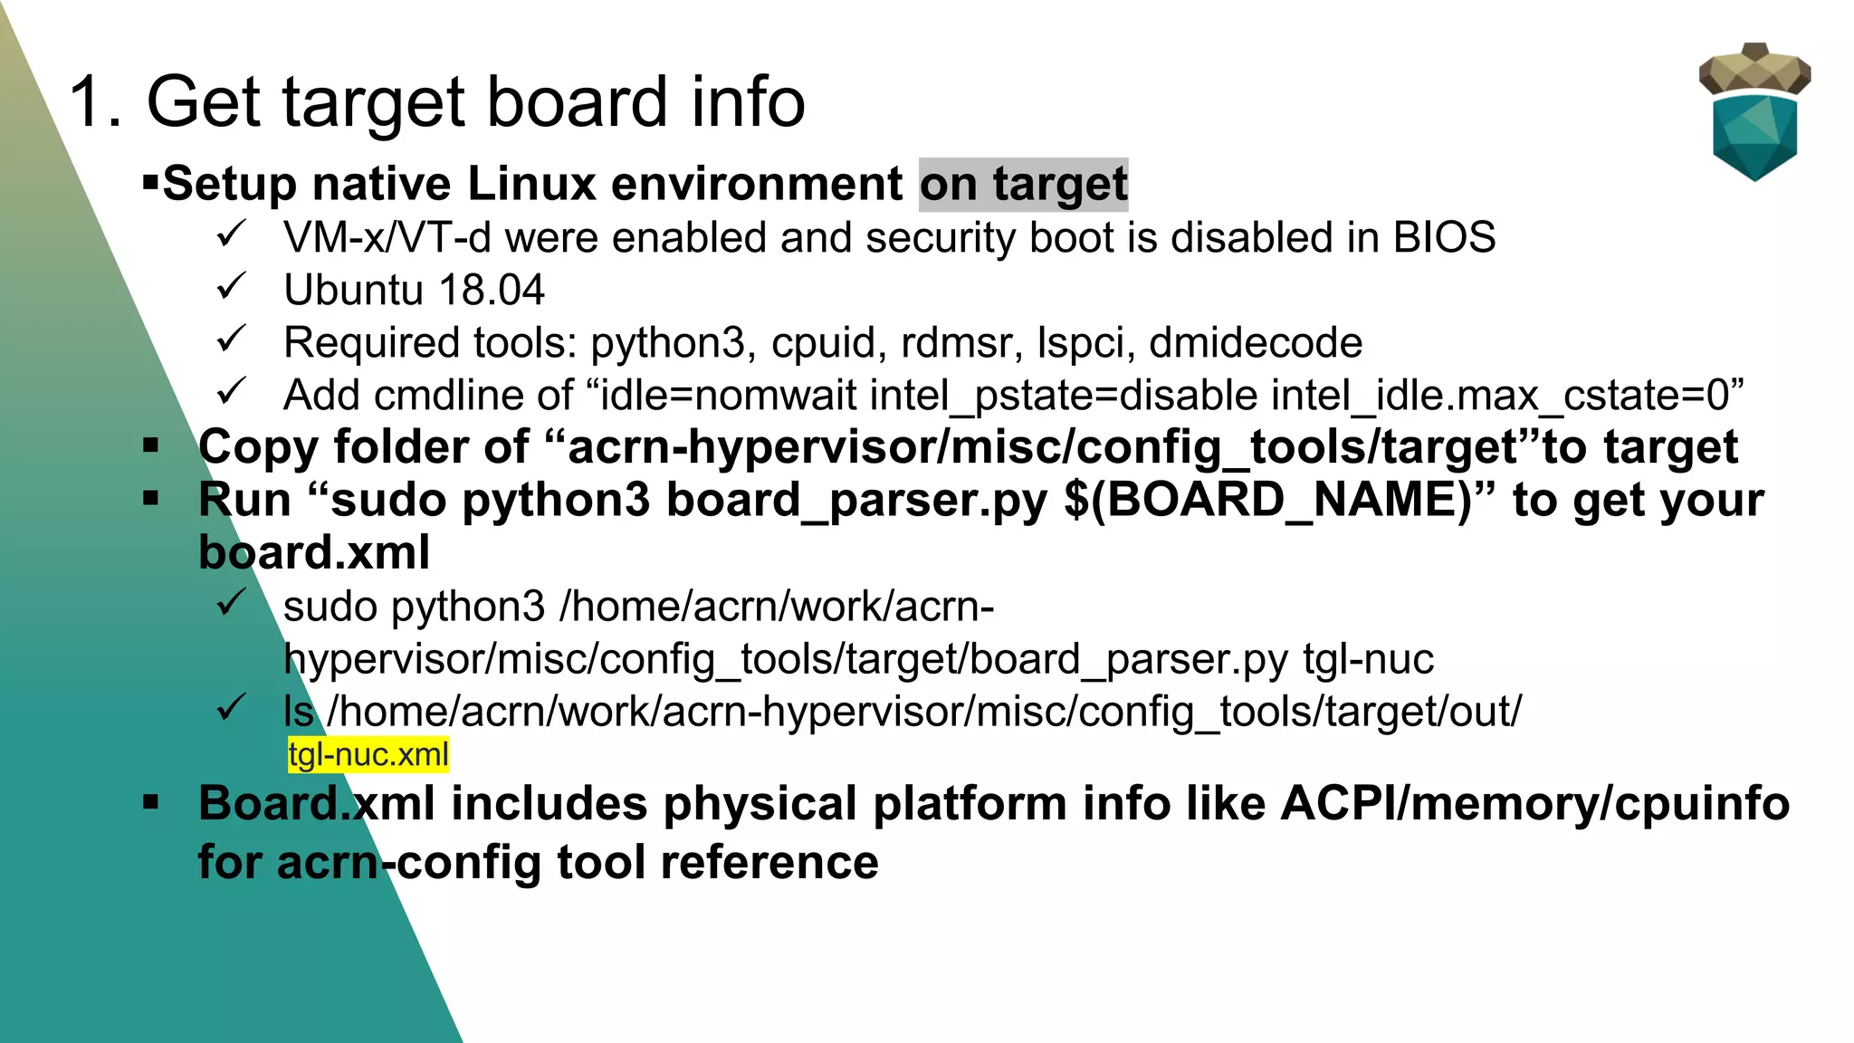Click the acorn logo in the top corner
click(x=1754, y=112)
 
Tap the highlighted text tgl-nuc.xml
click(x=368, y=754)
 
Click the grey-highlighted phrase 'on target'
click(x=1024, y=184)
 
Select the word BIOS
click(x=1444, y=238)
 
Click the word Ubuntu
click(x=353, y=291)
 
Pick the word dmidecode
click(x=1256, y=343)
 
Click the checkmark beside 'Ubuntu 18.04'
click(x=232, y=288)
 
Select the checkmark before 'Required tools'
click(x=232, y=340)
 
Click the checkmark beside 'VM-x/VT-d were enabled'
click(x=232, y=235)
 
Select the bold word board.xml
click(x=314, y=553)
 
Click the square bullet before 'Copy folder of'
click(x=151, y=445)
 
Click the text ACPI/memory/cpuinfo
click(x=1534, y=804)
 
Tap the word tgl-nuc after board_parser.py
click(x=1368, y=659)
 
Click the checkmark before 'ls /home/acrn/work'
click(x=232, y=707)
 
